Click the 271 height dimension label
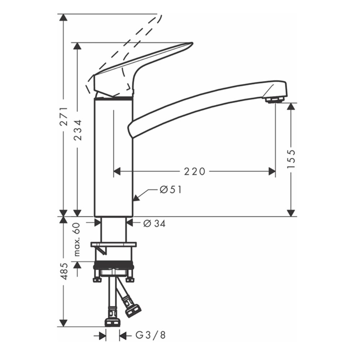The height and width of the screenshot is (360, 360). (64, 116)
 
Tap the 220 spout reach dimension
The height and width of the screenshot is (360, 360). (195, 172)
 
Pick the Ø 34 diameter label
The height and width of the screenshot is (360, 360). (154, 224)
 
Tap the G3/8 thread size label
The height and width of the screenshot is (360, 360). (151, 336)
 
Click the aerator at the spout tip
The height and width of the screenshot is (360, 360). (275, 99)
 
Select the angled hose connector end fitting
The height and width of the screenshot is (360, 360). (133, 310)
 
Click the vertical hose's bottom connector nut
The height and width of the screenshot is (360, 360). (112, 321)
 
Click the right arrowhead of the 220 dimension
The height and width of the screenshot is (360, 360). (272, 172)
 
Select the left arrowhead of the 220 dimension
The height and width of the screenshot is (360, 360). (117, 172)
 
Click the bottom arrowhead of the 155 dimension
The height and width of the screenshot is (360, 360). (291, 213)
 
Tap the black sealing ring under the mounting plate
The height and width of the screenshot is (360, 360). (113, 267)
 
